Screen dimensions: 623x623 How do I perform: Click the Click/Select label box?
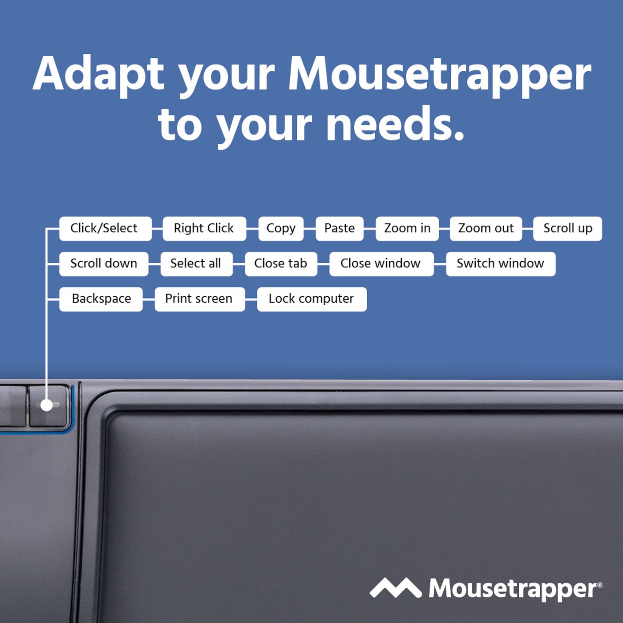coord(105,228)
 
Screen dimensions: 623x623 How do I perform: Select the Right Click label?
coord(204,228)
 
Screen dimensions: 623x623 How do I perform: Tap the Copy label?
coord(281,228)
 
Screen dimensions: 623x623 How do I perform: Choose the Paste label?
coord(340,228)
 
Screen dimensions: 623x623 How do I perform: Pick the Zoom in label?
coord(407,228)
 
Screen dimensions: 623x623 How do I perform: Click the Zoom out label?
coord(486,228)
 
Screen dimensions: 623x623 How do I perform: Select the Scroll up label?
coord(567,228)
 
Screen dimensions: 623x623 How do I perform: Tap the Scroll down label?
coord(104,263)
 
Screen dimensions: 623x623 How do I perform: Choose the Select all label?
coord(195,263)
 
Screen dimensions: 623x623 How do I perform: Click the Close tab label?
coord(281,263)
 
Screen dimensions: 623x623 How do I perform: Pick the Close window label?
coord(381,263)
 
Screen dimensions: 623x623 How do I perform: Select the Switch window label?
coord(501,263)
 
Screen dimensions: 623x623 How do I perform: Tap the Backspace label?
coord(101,299)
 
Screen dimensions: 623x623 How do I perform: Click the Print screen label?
coord(199,299)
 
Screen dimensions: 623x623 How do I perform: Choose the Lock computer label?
coord(311,299)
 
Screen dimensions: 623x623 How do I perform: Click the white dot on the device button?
coord(46,405)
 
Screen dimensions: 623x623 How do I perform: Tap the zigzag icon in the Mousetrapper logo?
coord(395,588)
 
